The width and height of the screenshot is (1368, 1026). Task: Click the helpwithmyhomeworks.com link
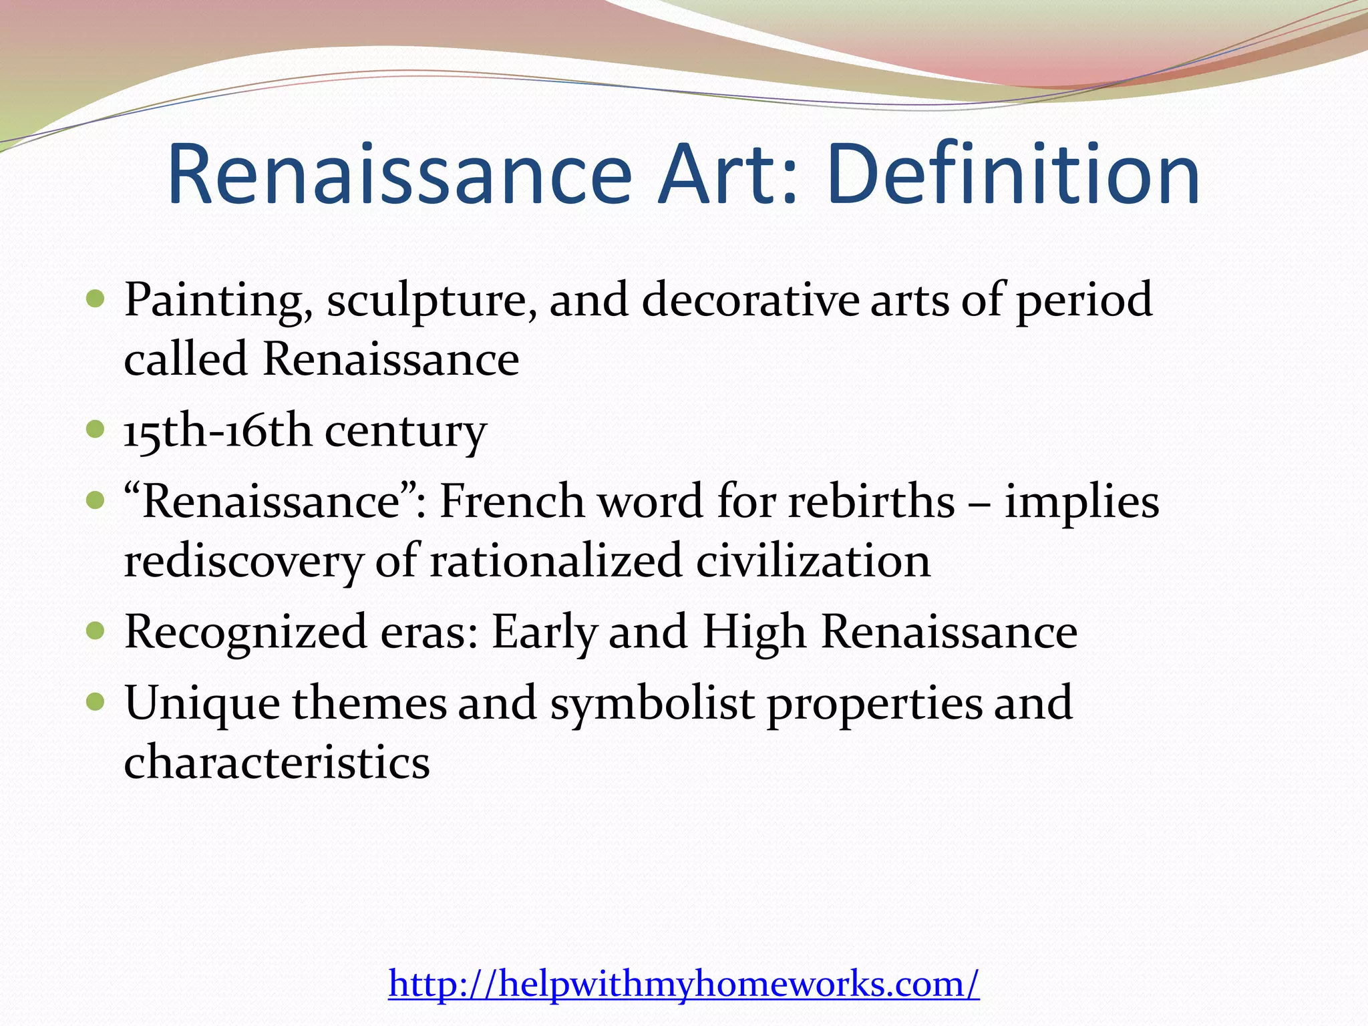tap(683, 984)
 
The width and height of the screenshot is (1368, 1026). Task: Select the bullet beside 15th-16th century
tap(96, 429)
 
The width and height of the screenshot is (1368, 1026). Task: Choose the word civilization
tap(813, 561)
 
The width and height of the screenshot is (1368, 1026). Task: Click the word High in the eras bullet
tap(754, 632)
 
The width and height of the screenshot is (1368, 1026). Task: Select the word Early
tap(543, 632)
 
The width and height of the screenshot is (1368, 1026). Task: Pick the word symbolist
tap(652, 703)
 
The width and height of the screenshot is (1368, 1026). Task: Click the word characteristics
tap(277, 763)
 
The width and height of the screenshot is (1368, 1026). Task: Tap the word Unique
tap(202, 703)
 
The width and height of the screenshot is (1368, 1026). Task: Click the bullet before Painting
tap(96, 298)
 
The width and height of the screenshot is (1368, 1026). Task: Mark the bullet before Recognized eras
tap(96, 630)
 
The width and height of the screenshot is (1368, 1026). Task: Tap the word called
tap(186, 359)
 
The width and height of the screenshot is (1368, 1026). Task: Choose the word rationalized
tap(556, 561)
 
